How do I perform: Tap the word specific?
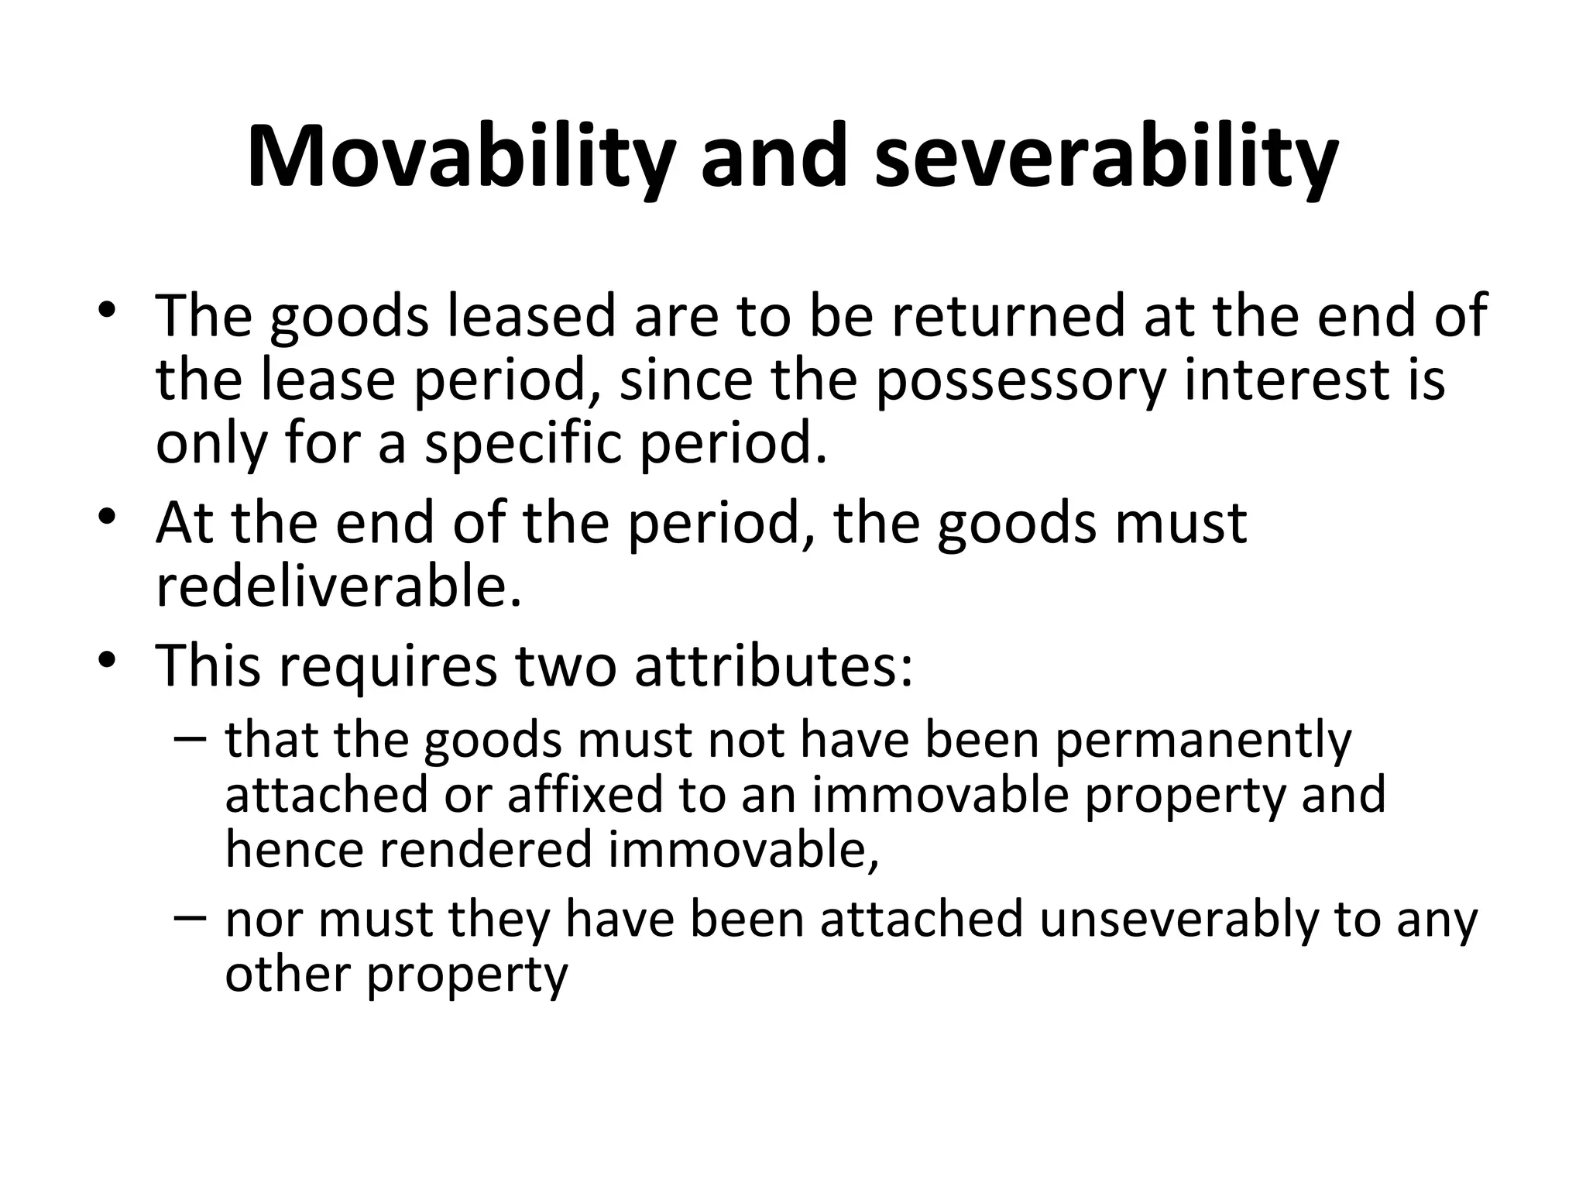(x=523, y=444)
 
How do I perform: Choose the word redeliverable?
(x=338, y=586)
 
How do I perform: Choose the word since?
(x=686, y=380)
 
